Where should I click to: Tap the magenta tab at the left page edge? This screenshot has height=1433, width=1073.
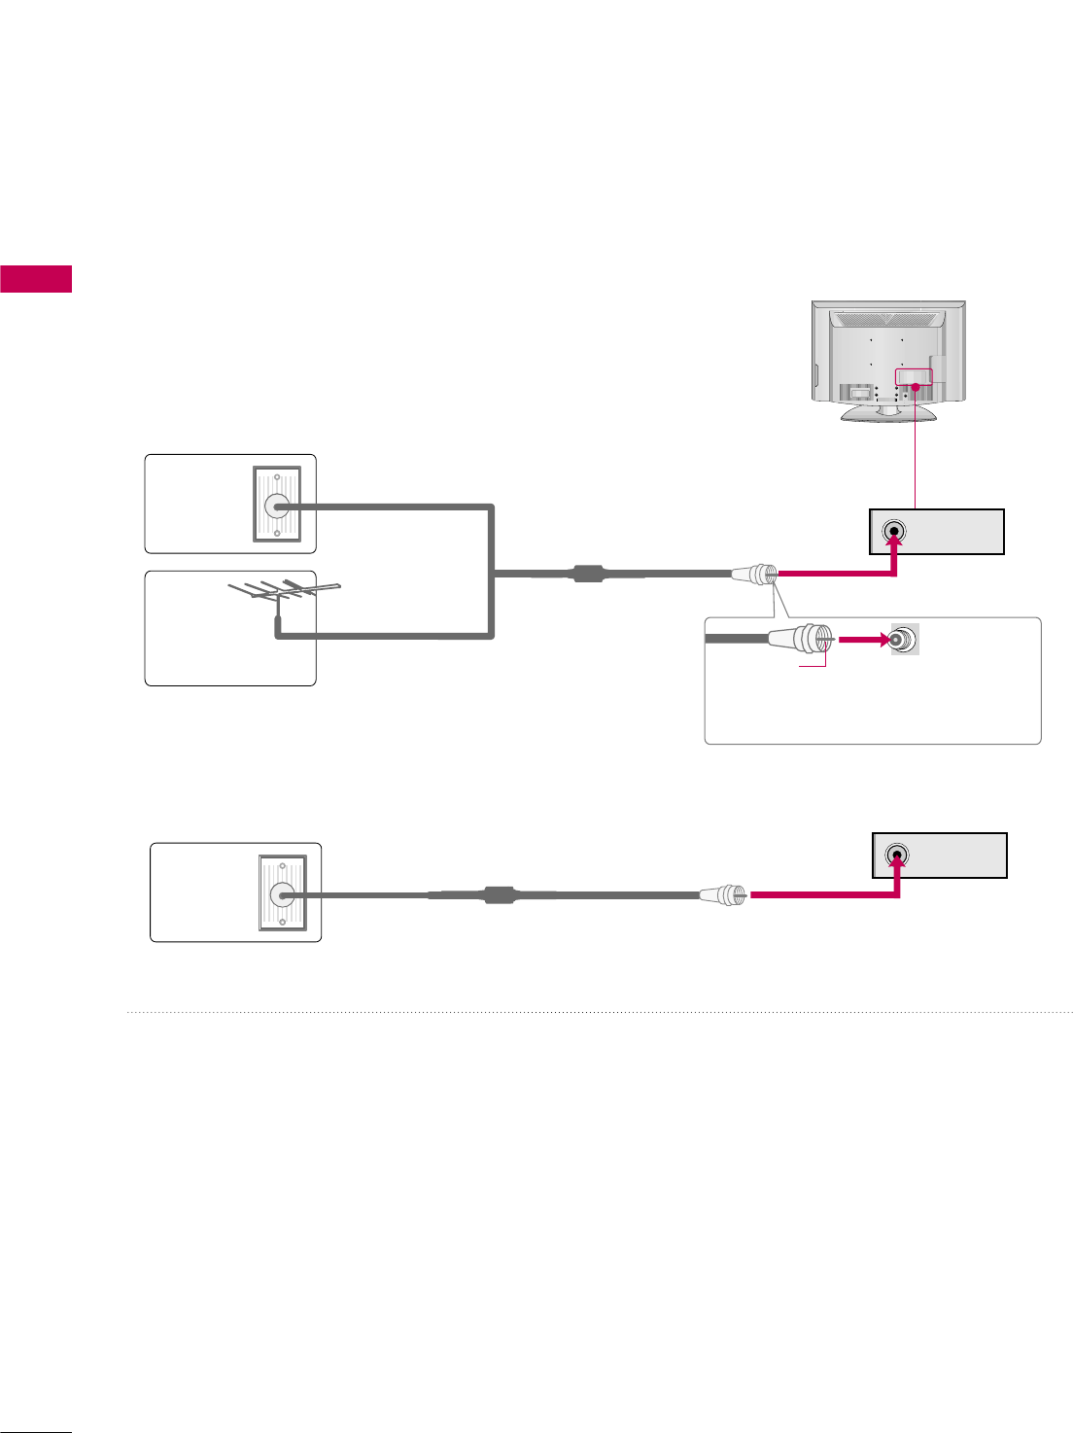point(36,278)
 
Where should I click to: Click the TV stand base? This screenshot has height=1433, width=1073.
point(888,413)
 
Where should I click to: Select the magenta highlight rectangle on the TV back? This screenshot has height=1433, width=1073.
point(914,377)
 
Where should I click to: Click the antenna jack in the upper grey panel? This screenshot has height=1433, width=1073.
point(894,532)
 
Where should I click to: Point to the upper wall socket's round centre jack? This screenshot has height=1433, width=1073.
point(277,506)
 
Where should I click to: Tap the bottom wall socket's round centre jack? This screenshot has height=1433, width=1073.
point(282,894)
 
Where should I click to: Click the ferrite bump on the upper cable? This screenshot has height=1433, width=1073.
point(588,574)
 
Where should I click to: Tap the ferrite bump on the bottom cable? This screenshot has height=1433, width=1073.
point(499,894)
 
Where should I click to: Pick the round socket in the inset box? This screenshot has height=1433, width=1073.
point(904,639)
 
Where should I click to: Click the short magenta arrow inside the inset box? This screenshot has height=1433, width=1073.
point(864,640)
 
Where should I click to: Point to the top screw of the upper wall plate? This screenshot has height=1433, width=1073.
point(277,477)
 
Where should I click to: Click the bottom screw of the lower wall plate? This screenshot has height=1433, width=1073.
point(282,921)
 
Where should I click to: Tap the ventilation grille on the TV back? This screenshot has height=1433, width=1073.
point(887,320)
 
